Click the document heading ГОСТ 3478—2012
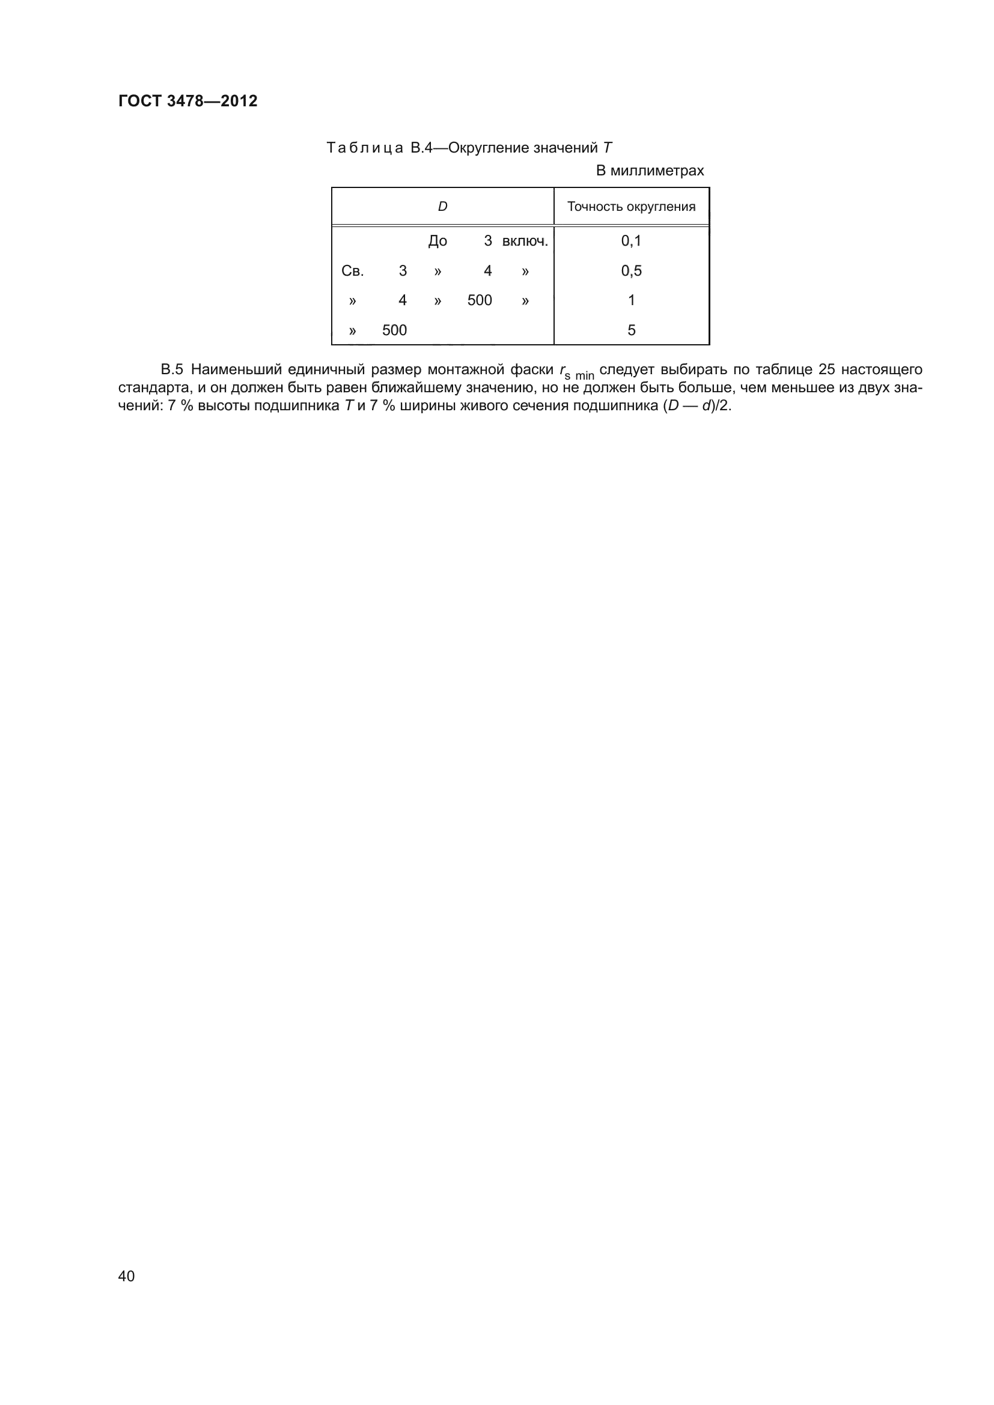[188, 101]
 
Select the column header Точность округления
[631, 207]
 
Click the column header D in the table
[442, 207]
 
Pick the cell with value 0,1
[631, 241]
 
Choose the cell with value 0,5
[631, 271]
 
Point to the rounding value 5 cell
[631, 330]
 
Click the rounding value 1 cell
[631, 300]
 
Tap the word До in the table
[438, 241]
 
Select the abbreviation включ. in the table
[525, 241]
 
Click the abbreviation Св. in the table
[353, 271]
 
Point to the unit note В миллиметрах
[650, 171]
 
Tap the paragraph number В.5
[171, 369]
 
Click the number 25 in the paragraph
[826, 369]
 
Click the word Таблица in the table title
[365, 148]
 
